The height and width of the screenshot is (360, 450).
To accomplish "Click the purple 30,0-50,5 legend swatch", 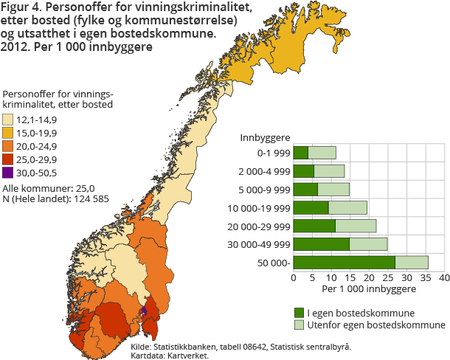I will [x=8, y=173].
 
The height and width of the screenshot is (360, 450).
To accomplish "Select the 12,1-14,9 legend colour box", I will [x=8, y=120].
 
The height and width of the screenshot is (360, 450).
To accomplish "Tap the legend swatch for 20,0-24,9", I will [x=8, y=146].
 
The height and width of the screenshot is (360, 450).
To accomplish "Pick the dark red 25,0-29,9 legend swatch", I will [x=8, y=159].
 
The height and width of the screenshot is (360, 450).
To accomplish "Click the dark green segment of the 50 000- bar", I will [x=345, y=262].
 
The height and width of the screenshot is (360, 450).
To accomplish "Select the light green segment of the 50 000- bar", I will [x=412, y=262].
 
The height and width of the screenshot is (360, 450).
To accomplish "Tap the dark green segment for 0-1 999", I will [x=301, y=153].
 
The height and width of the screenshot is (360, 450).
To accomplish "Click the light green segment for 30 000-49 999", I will [x=368, y=243].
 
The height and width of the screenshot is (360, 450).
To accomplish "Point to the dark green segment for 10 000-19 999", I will [x=311, y=207].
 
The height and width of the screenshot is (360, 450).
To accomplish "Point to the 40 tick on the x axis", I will [x=444, y=279].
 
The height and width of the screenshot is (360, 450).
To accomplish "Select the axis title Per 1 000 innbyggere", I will [x=368, y=290].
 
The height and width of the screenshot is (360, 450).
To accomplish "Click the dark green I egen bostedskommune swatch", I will [x=299, y=313].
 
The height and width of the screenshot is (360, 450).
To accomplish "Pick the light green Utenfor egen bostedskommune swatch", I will [x=299, y=325].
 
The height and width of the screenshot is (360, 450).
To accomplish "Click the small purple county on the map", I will [x=145, y=309].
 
